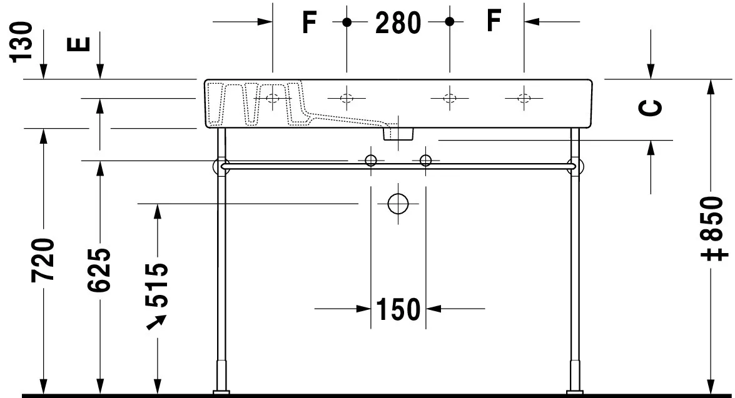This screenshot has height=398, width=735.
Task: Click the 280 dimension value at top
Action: [x=398, y=23]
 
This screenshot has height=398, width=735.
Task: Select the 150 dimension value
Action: [x=398, y=309]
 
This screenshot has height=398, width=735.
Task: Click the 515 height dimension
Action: [x=156, y=286]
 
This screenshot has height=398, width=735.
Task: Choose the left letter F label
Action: [x=309, y=23]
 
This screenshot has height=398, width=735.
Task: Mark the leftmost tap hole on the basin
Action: [x=273, y=97]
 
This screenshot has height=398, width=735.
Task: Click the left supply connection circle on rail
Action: [x=370, y=161]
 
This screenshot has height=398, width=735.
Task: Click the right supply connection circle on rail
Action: [x=425, y=161]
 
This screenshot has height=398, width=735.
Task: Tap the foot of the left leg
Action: [x=221, y=392]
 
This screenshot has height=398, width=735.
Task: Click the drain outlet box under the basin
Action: [x=398, y=132]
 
